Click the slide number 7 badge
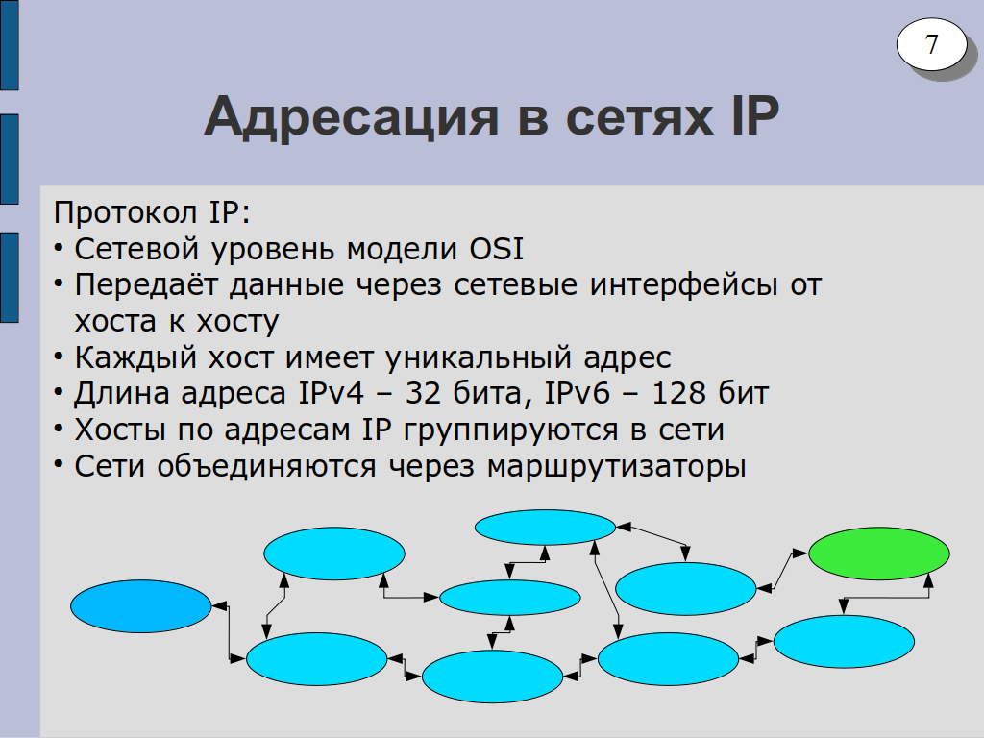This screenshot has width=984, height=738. click(931, 44)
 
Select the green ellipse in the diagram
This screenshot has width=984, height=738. click(878, 553)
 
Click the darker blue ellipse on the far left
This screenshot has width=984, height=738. click(140, 606)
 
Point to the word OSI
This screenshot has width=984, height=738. click(497, 249)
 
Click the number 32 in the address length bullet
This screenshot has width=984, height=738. click(423, 393)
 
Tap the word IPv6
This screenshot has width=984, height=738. click(577, 393)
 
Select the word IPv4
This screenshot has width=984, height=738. click(332, 393)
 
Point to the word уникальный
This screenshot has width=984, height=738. click(479, 358)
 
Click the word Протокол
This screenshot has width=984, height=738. click(125, 213)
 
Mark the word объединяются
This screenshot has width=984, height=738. click(266, 467)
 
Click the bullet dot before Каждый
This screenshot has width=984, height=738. click(59, 357)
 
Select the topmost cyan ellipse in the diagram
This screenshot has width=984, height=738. click(545, 528)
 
